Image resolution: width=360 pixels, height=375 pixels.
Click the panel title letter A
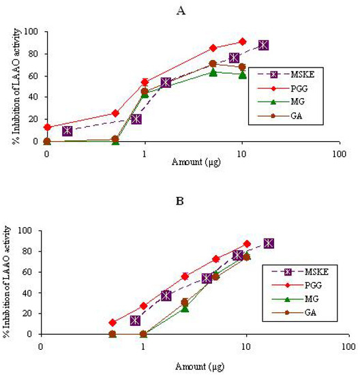(x=192, y=10)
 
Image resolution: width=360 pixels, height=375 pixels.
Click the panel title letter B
(x=192, y=202)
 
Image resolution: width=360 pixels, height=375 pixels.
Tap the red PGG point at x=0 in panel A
(x=46, y=127)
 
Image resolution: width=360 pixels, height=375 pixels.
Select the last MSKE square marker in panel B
(x=269, y=243)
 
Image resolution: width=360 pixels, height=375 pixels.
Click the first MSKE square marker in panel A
(x=67, y=131)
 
